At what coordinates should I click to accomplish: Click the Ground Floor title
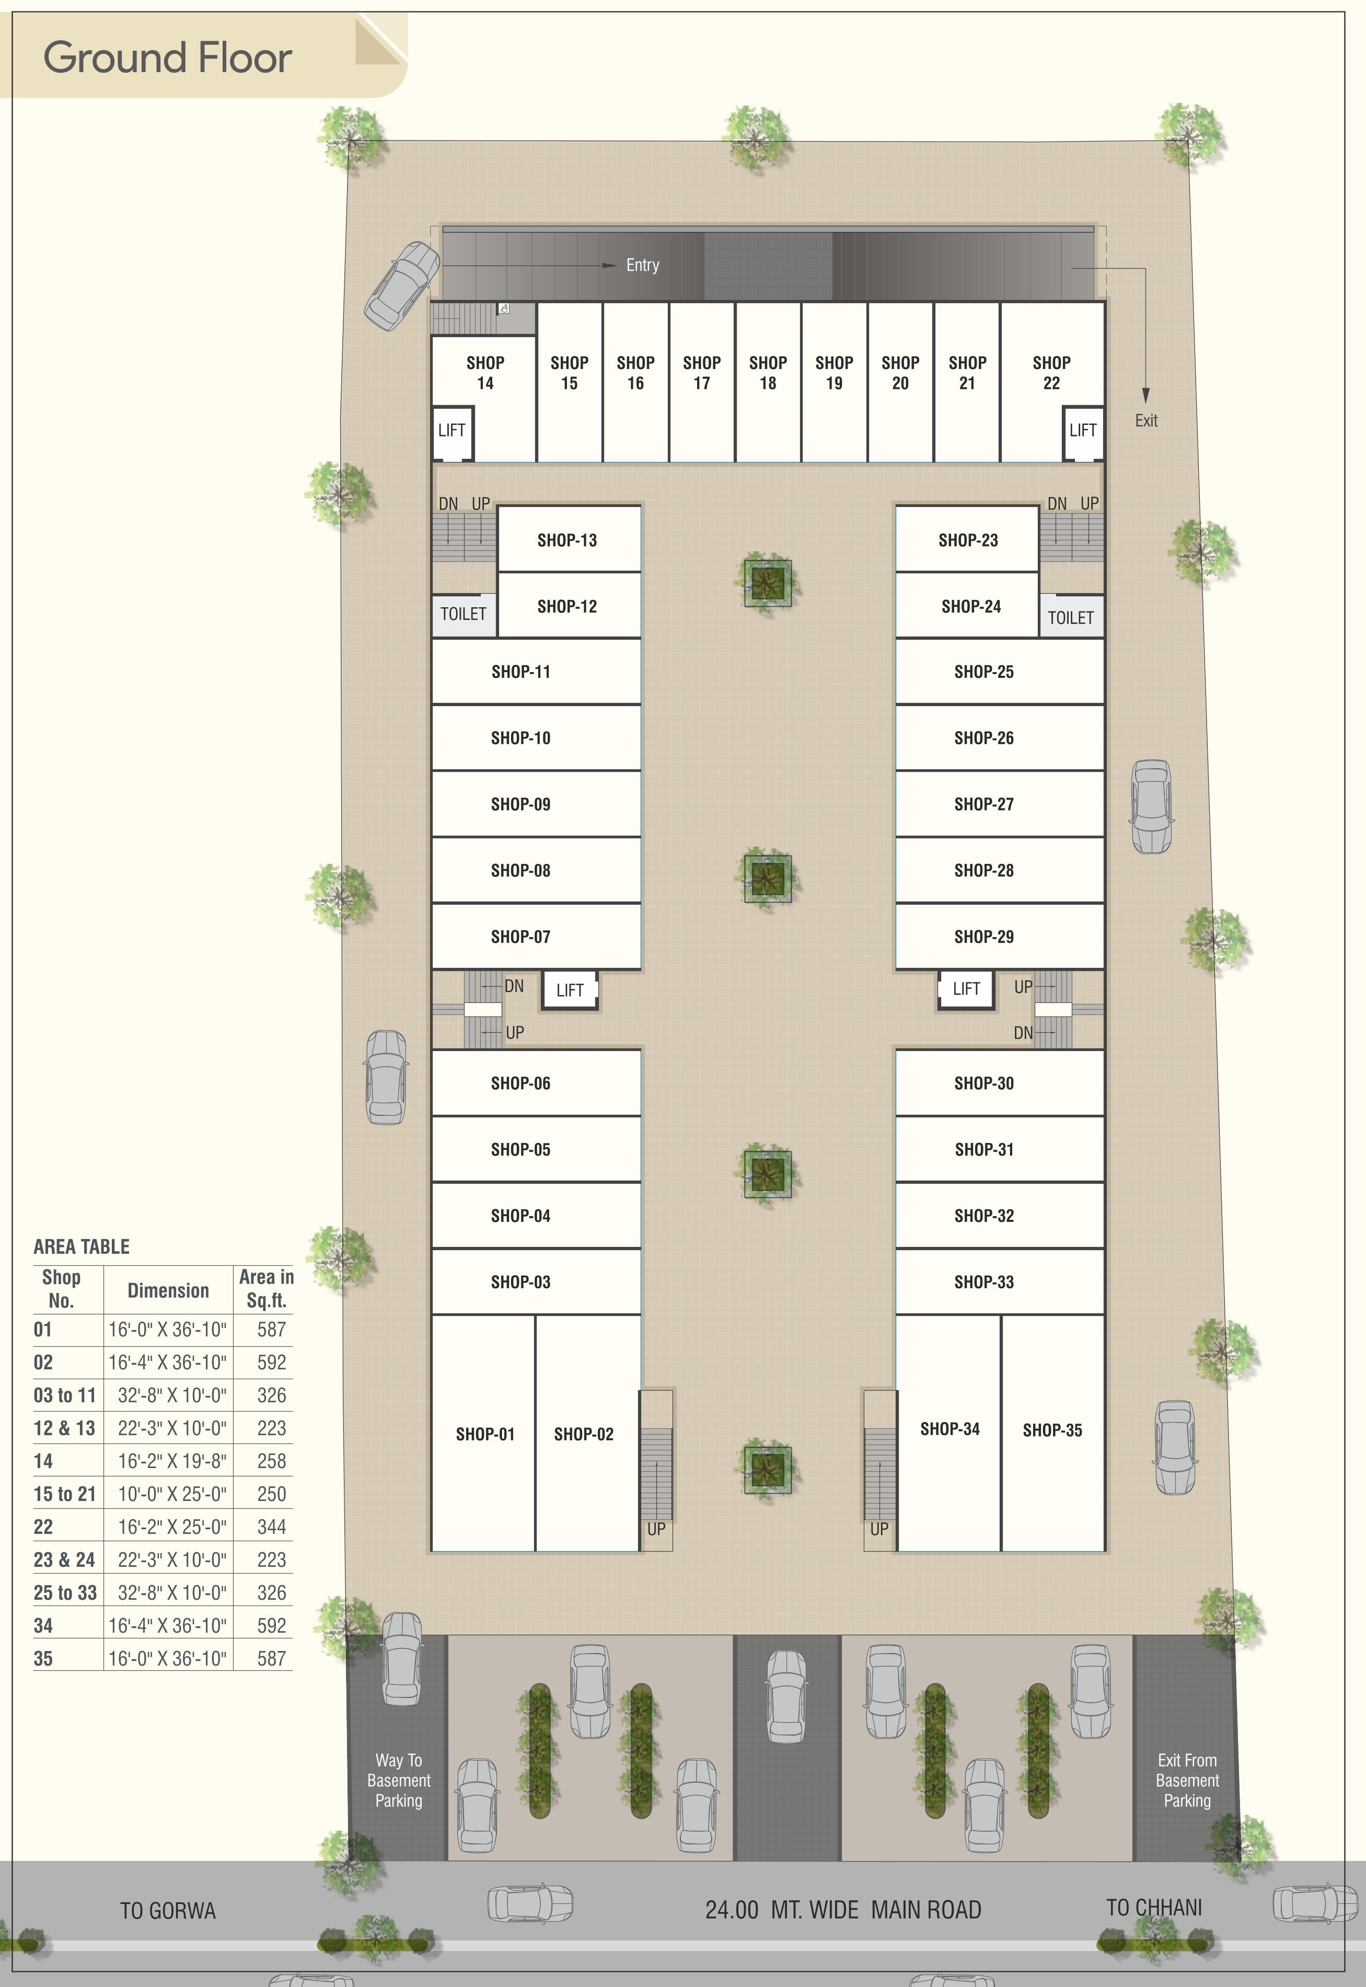coord(168,57)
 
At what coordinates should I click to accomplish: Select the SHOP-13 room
coord(568,540)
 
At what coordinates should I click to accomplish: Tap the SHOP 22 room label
coord(1051,373)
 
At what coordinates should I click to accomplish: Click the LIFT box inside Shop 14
coord(452,431)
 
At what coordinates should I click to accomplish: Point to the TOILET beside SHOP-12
coord(463,615)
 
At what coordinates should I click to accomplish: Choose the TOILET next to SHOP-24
coord(1071,618)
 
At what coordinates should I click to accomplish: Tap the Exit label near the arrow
coord(1146,421)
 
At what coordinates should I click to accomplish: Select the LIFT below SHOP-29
coord(966,989)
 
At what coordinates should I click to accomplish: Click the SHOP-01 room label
coord(485,1434)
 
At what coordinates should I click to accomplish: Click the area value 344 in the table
coord(271,1527)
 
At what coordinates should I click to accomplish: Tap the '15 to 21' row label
coord(64,1494)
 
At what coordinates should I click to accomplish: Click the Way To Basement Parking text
coord(398,1781)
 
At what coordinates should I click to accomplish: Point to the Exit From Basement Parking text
coord(1187,1781)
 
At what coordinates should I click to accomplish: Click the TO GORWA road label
coord(168,1911)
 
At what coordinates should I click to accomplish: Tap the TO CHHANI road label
coord(1154,1908)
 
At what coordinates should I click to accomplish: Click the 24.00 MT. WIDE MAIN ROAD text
coord(843,1910)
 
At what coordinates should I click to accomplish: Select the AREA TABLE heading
coord(82,1247)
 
